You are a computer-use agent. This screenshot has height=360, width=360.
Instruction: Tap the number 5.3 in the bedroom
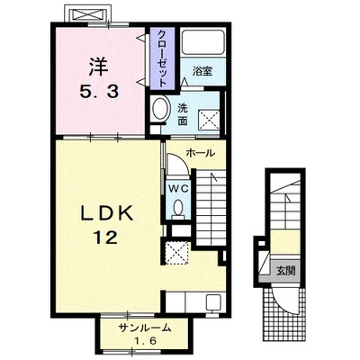click(99, 92)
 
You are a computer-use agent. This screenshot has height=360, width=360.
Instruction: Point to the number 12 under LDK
click(106, 238)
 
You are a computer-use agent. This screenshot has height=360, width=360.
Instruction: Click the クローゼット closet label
click(162, 58)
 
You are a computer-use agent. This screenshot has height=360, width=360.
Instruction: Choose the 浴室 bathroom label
click(202, 72)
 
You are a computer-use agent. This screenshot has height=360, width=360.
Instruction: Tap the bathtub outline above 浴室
click(202, 42)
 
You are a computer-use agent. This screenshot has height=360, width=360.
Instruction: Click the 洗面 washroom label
click(183, 114)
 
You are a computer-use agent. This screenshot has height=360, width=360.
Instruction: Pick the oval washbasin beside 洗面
click(160, 109)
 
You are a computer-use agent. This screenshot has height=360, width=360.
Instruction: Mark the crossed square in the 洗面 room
click(209, 121)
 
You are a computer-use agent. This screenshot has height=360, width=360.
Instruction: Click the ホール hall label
click(201, 153)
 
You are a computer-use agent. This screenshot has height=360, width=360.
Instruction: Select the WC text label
click(178, 189)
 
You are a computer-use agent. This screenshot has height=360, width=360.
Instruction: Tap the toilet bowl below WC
click(178, 208)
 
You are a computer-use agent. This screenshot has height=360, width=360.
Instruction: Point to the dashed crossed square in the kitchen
click(177, 253)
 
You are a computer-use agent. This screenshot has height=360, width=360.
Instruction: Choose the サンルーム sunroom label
click(145, 328)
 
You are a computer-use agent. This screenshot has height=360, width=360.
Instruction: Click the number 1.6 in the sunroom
click(146, 341)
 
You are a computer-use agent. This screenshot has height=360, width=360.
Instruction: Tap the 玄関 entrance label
click(285, 271)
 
